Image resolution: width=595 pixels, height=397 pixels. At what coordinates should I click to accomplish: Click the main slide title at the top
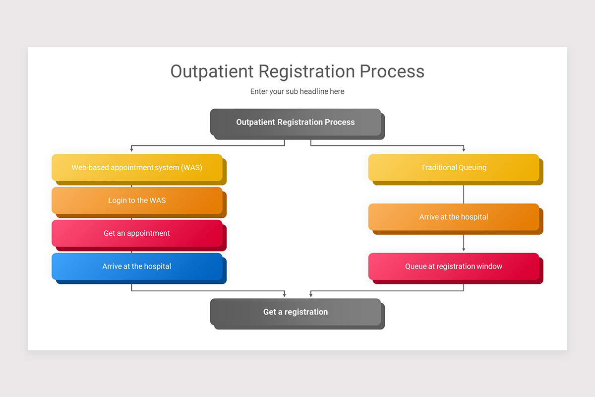coord(297,71)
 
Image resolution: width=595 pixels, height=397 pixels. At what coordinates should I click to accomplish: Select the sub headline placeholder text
coord(297,91)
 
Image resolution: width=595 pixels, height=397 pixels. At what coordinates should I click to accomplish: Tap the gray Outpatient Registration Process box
coord(296,122)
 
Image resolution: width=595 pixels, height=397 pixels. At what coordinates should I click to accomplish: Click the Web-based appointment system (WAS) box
coord(137,168)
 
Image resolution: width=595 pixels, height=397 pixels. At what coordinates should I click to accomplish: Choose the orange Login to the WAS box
coord(137,200)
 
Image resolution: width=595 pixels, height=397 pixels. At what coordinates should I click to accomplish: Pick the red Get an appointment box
coord(137,233)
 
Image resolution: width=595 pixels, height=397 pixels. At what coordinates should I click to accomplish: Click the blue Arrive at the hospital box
coord(137,266)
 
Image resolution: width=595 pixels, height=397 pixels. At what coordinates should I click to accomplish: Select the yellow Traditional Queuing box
coord(453,168)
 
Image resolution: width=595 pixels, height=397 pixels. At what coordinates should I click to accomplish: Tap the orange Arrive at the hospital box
coord(453,217)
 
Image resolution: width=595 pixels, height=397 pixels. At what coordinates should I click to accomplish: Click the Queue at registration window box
coord(453,266)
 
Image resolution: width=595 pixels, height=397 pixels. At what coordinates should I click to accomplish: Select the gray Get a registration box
coord(296,312)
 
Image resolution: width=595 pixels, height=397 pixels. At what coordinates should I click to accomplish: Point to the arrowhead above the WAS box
coord(131,149)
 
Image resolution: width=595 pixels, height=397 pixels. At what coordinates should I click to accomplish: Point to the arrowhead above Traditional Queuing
coord(464,149)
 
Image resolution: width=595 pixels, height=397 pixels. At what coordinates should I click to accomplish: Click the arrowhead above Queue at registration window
coord(464,249)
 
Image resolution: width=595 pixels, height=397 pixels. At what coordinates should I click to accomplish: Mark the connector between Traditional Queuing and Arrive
coord(464,195)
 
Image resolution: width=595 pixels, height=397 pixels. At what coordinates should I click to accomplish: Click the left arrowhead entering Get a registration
coord(285,295)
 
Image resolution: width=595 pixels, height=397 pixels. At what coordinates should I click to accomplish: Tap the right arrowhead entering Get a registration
coord(311,295)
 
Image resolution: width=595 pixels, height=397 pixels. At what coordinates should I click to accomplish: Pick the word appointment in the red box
coord(148,233)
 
